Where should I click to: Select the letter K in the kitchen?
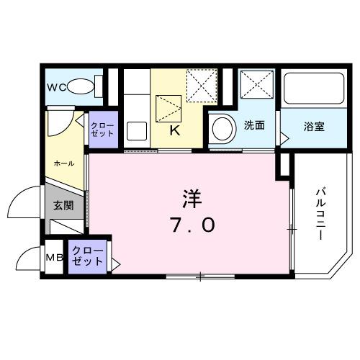[x=174, y=130]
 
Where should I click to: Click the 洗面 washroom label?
[x=254, y=125]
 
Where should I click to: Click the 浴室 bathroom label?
[x=313, y=127]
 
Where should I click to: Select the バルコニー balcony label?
[x=321, y=214]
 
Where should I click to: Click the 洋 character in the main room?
[x=191, y=196]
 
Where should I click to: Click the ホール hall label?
[x=65, y=163]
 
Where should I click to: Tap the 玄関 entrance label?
[x=64, y=205]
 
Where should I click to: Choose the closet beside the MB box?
[x=89, y=257]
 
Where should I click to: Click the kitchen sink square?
[x=137, y=132]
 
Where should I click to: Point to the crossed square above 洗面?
[x=256, y=86]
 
